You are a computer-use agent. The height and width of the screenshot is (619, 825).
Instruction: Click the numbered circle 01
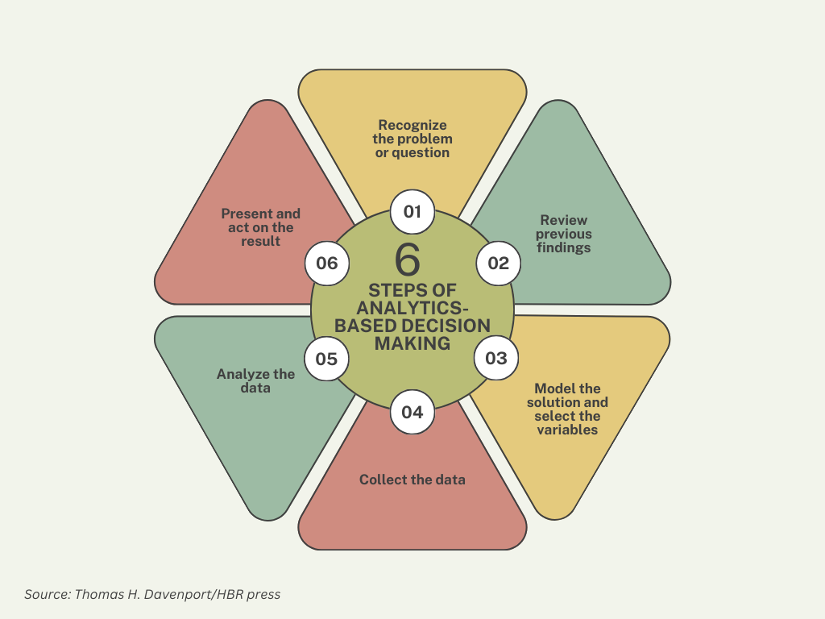coord(412,212)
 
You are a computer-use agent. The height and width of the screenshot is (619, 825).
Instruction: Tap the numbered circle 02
coord(499,263)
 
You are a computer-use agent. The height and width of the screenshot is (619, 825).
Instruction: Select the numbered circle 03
coord(496,357)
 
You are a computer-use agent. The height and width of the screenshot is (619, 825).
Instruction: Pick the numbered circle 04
coord(412,413)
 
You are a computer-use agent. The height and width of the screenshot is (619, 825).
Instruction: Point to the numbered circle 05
coord(326,359)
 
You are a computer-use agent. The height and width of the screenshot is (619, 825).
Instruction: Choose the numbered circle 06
coord(327,263)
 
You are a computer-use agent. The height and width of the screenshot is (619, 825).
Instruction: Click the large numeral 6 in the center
coord(408,260)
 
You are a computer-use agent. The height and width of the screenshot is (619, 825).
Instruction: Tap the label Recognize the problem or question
coord(412,139)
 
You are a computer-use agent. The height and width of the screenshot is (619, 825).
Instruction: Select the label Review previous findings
coord(564,234)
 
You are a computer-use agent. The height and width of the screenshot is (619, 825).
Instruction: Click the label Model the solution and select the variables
coord(568,409)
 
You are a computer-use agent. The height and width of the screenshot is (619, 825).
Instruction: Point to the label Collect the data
coord(412,480)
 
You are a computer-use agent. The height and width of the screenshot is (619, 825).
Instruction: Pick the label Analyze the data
coord(256,380)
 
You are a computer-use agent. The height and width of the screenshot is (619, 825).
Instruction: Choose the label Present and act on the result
coord(261,226)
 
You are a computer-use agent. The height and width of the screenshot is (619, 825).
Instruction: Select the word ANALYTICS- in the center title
coord(412,308)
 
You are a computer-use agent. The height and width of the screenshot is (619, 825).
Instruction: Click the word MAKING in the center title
coord(412,343)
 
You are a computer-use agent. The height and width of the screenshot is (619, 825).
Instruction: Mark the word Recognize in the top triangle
coord(412,125)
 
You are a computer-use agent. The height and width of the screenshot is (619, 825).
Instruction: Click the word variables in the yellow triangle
coord(568,430)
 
